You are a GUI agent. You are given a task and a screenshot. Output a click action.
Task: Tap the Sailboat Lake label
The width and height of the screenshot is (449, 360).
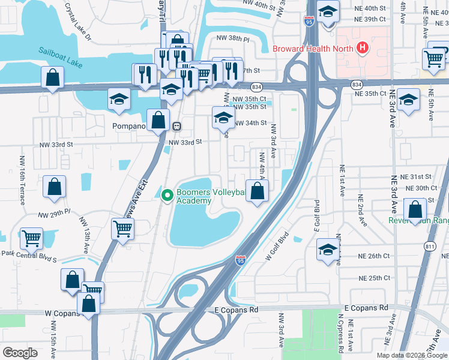click(x=61, y=53)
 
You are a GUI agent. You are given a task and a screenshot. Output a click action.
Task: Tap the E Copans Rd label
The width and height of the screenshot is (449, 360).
click(x=236, y=309)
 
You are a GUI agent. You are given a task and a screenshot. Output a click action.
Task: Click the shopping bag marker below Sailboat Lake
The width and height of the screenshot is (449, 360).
click(x=53, y=77)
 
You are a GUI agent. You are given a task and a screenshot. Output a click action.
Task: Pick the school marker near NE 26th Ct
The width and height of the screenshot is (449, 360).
click(x=328, y=249)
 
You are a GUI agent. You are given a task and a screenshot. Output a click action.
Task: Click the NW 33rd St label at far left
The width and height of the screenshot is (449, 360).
click(x=56, y=145)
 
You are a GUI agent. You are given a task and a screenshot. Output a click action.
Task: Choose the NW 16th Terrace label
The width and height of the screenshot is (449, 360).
click(x=22, y=181)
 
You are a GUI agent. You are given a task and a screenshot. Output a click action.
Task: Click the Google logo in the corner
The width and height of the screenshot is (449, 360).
click(x=20, y=353)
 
